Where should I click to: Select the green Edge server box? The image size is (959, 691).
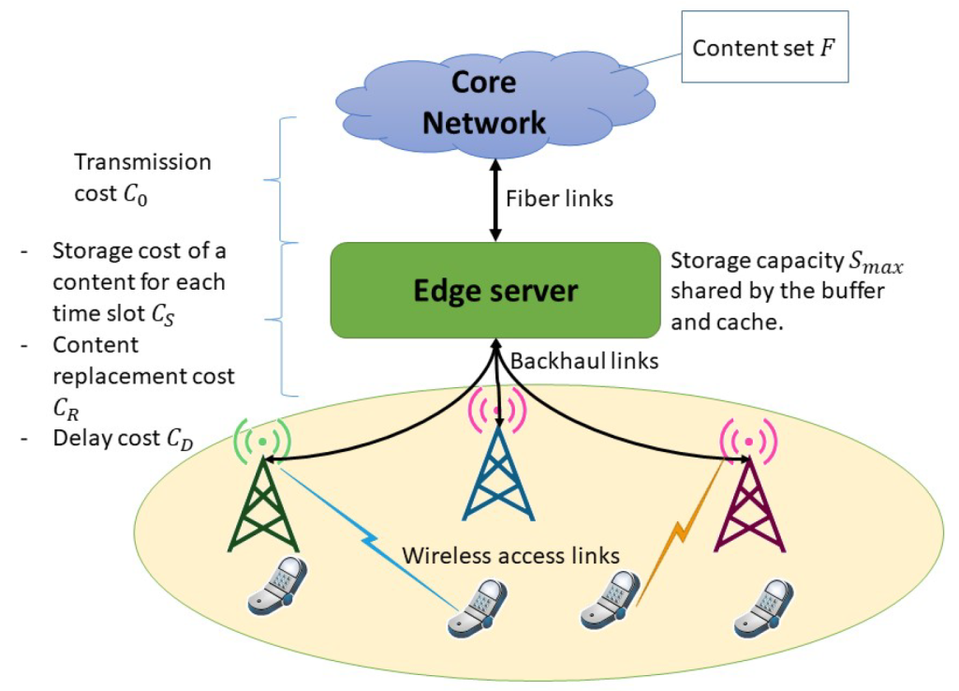(x=495, y=290)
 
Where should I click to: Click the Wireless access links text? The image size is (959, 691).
(x=510, y=555)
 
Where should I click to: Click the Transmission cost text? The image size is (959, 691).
(x=142, y=174)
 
